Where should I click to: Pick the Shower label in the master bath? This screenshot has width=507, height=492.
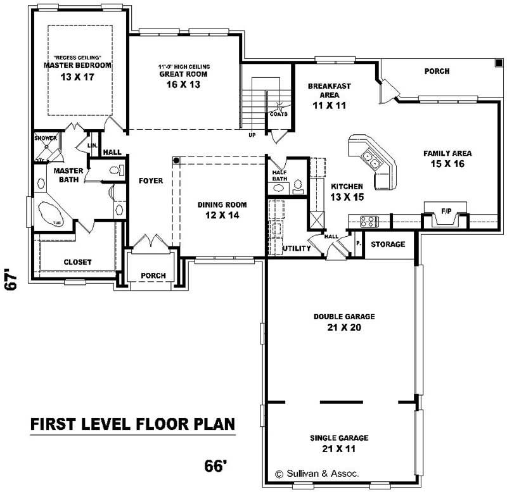coord(46,138)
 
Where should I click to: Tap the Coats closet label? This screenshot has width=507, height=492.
coord(278,114)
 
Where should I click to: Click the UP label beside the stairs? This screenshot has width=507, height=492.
coord(252,134)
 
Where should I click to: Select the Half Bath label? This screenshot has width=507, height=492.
coord(280,175)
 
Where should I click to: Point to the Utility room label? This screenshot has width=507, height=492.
coord(297,248)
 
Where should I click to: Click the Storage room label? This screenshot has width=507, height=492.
coord(388,244)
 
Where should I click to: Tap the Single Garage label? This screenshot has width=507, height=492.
coord(339,438)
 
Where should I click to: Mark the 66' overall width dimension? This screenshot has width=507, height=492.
coord(215,466)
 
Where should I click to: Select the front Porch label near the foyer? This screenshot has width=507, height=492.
coord(153,275)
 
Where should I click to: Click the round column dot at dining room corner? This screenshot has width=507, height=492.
coord(177,160)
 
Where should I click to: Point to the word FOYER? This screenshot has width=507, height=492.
coord(151,180)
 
